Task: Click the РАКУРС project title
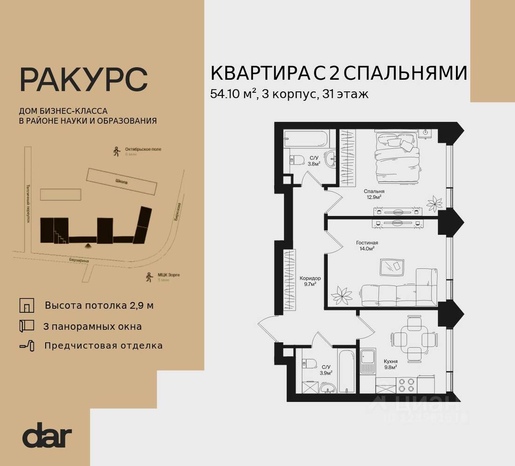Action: point(83,80)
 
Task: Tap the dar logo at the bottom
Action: point(47,436)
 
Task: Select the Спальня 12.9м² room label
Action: point(374,194)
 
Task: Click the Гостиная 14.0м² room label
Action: point(366,246)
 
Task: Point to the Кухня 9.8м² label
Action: point(390,363)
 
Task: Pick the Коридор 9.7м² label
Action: point(310,281)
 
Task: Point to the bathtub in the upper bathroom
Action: point(307,138)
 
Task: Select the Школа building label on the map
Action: point(122,182)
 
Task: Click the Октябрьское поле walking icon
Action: point(116,151)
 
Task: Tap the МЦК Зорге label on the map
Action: point(169,275)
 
